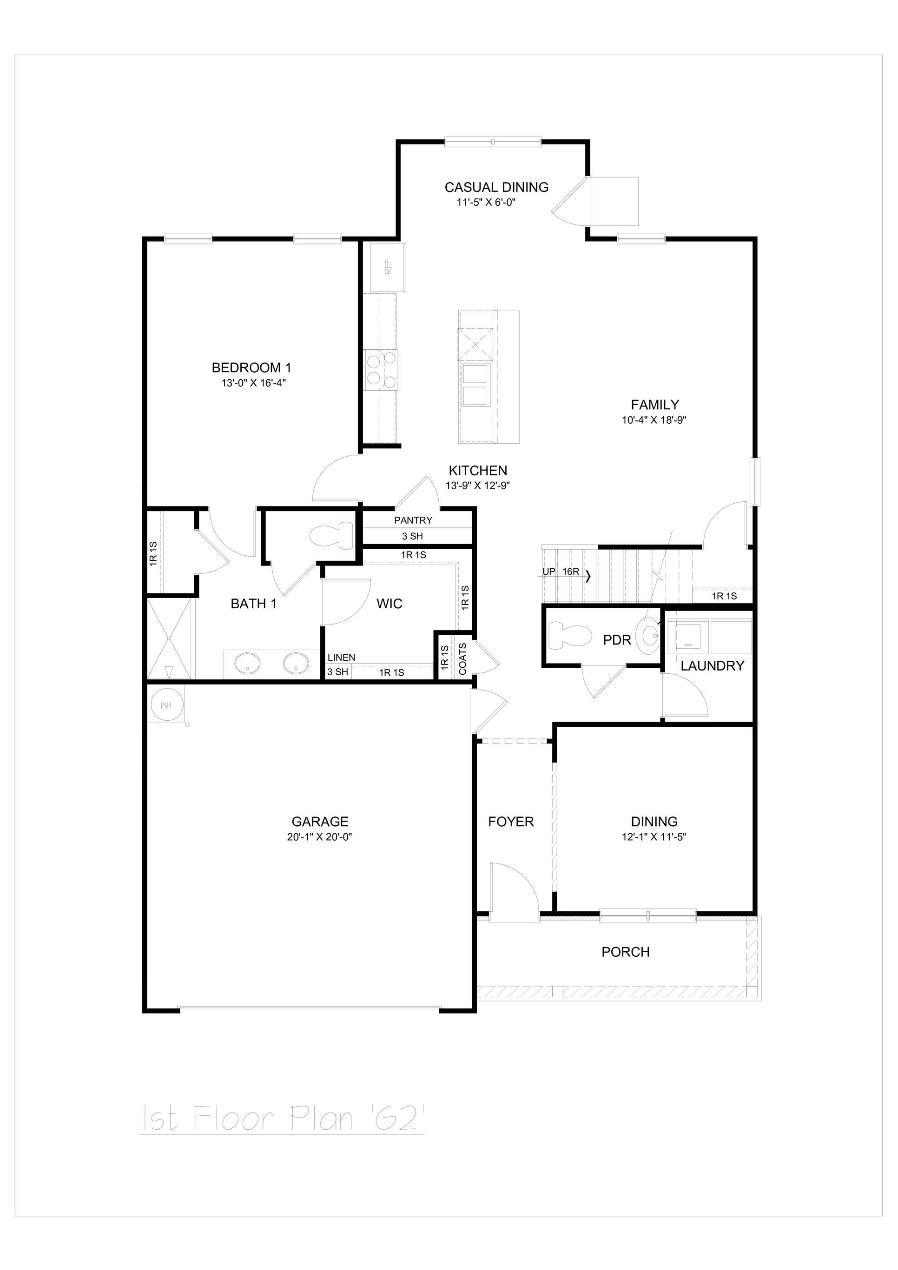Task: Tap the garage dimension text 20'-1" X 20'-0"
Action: click(319, 837)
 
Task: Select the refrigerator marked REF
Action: click(388, 267)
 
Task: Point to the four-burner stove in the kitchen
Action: click(381, 370)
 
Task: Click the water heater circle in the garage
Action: click(165, 705)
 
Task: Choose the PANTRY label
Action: click(413, 520)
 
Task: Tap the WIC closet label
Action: click(389, 604)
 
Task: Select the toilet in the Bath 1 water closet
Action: click(331, 535)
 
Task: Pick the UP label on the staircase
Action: click(548, 572)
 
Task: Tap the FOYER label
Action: click(511, 822)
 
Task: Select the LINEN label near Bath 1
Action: click(341, 657)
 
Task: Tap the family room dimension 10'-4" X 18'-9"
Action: click(654, 420)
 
